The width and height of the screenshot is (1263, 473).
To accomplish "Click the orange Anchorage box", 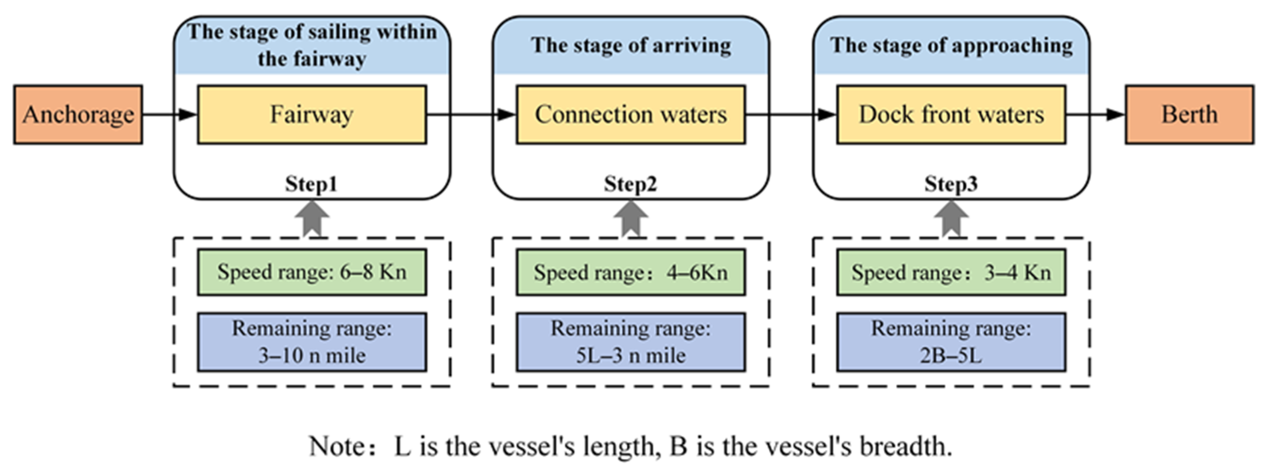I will [78, 114].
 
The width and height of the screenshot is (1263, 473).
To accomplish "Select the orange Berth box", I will [1189, 114].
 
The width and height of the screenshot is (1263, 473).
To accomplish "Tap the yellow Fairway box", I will [312, 114].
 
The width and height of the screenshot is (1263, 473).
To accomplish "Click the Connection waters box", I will [631, 114].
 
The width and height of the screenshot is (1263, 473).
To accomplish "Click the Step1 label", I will [312, 184].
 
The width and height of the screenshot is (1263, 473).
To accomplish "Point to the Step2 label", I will [631, 184].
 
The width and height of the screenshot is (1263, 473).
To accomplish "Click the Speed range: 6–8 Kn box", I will [312, 272].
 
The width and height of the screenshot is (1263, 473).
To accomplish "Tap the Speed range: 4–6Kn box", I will [631, 272].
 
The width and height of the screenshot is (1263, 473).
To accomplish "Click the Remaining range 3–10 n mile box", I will [312, 342].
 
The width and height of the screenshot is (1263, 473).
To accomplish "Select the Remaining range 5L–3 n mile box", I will [631, 342].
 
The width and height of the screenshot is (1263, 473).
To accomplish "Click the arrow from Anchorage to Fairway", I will [169, 114].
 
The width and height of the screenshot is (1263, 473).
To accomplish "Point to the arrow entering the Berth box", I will [1095, 114].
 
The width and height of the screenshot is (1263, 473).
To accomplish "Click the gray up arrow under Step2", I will [631, 218].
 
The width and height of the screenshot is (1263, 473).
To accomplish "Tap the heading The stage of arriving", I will [631, 45].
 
